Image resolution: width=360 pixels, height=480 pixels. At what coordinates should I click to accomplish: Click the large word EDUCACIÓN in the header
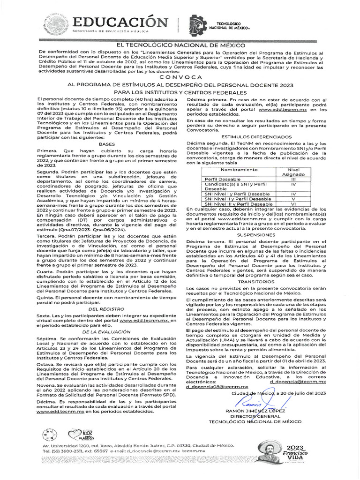tap(120, 22)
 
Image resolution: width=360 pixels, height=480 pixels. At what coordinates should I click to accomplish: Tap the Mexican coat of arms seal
tap(56, 23)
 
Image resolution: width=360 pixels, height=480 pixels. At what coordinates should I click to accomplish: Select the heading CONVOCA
tap(180, 76)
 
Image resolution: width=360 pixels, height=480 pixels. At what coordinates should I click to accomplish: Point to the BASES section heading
tap(108, 144)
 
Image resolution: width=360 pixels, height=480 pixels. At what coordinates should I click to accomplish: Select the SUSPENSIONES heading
tap(253, 234)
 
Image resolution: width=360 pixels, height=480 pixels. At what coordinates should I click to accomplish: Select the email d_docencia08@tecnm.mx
tap(217, 387)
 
